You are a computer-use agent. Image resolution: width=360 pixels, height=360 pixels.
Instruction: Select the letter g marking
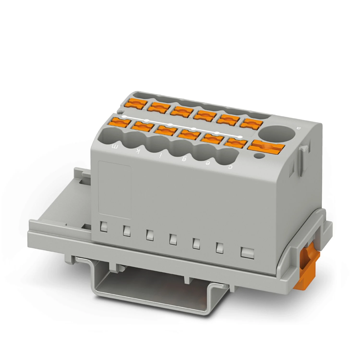point(184,159)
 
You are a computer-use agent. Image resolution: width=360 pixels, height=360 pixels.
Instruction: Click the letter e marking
point(208,163)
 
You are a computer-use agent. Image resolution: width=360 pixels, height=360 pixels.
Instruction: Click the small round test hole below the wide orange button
point(258,156)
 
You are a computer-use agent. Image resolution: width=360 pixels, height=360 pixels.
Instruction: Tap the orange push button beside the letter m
point(121,122)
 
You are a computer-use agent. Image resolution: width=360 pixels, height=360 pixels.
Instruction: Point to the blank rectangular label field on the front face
point(114,189)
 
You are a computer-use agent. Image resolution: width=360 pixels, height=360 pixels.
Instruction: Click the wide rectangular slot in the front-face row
point(247,253)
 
